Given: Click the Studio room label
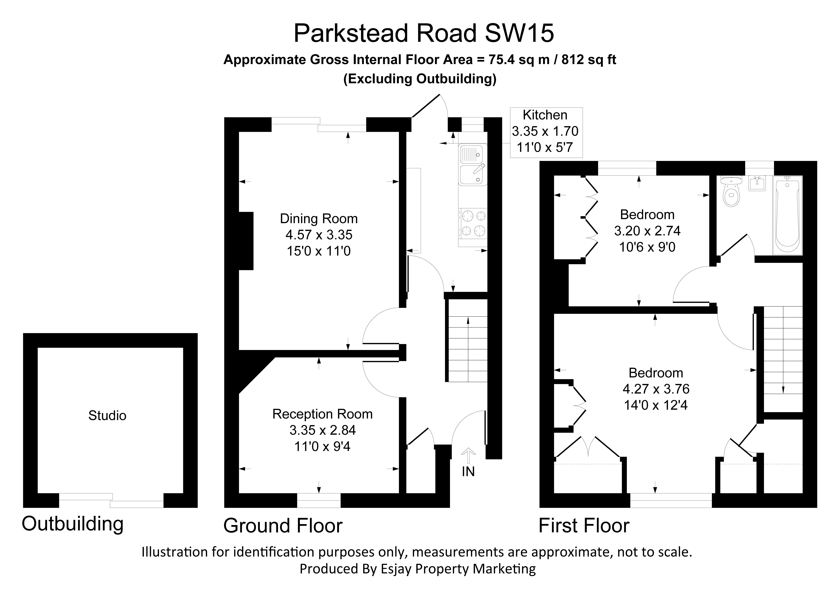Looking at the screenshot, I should [x=107, y=415].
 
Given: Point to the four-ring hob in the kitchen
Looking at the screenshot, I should [x=472, y=224].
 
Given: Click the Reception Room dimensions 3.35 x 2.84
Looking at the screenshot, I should [x=322, y=430].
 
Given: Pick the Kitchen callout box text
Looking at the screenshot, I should [x=545, y=131].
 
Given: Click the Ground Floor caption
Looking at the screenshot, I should [x=283, y=526].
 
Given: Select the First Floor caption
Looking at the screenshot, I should [x=584, y=526].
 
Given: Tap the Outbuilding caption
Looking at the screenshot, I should [x=72, y=524].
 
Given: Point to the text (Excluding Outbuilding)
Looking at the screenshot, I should [x=420, y=79].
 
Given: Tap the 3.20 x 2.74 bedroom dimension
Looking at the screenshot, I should [x=647, y=231].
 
